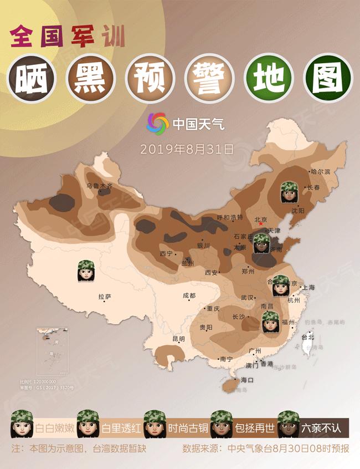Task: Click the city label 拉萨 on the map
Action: (105, 297)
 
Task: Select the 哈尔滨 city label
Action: (320, 172)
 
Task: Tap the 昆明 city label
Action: (178, 338)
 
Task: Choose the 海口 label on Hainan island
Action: (247, 380)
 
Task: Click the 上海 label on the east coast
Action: (308, 287)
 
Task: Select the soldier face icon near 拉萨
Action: (87, 272)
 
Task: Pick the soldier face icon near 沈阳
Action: (289, 192)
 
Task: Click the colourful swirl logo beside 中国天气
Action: (157, 123)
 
